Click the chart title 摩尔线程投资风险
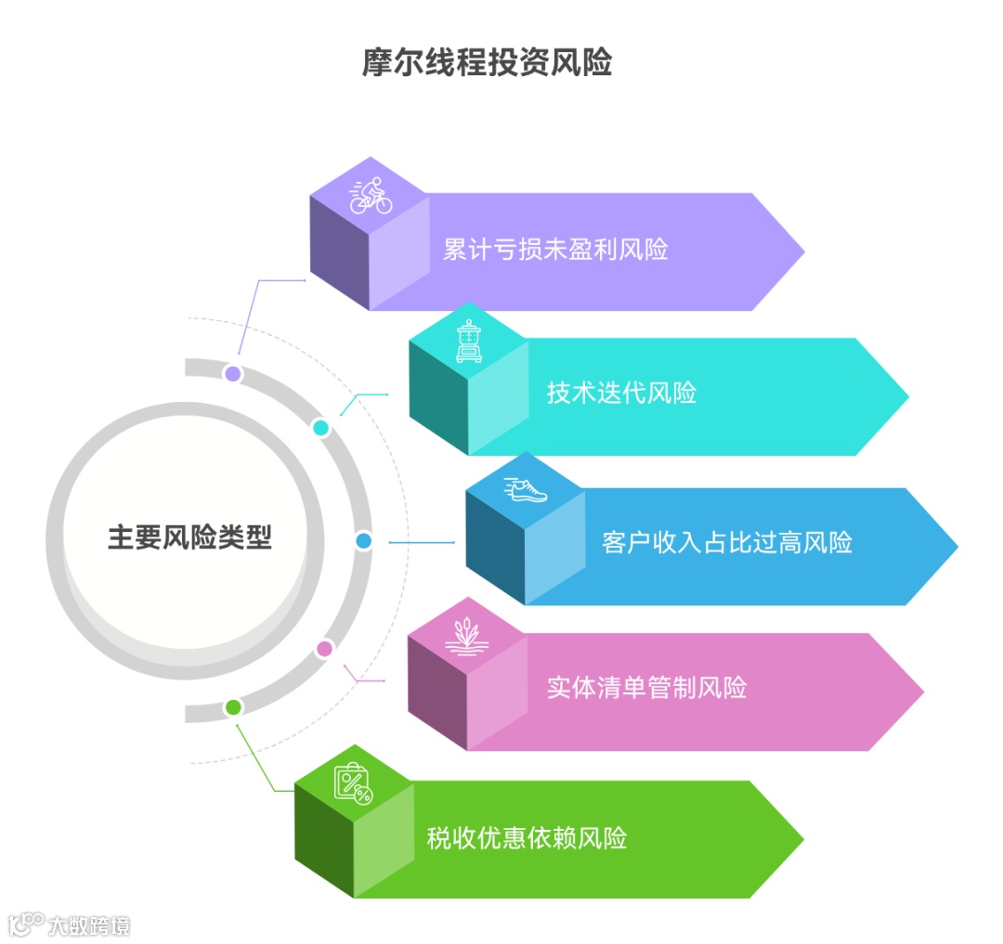(x=487, y=63)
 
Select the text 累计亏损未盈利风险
(x=555, y=250)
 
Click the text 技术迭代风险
(x=621, y=393)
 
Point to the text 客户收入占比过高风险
(x=727, y=542)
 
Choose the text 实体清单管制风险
(x=646, y=688)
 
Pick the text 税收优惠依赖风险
(x=527, y=838)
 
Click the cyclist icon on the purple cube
(x=371, y=195)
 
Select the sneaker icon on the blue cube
(x=526, y=489)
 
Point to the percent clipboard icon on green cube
(x=353, y=783)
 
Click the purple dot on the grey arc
(x=233, y=374)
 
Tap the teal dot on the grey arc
(x=320, y=428)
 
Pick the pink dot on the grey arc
(x=324, y=649)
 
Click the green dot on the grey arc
(x=234, y=707)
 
